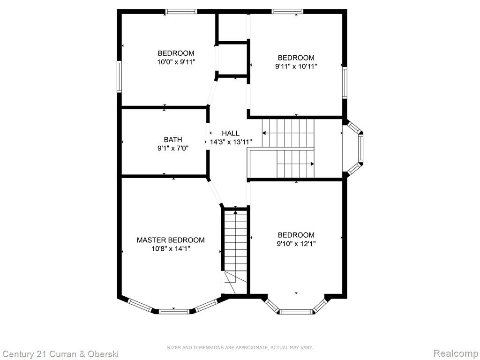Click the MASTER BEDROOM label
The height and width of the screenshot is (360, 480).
(x=171, y=240)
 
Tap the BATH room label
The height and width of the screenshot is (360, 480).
(x=173, y=140)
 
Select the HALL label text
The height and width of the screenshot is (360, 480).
(x=231, y=133)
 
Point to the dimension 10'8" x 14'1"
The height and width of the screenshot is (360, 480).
(x=171, y=249)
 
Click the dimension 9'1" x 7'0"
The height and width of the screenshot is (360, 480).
(x=173, y=149)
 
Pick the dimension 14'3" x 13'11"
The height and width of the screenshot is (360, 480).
(x=231, y=142)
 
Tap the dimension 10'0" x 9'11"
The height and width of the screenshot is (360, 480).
(x=176, y=62)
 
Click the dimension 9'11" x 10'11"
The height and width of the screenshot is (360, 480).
(x=296, y=67)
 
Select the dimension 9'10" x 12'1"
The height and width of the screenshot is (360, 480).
(x=296, y=244)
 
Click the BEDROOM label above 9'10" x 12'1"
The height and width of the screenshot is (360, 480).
(x=296, y=235)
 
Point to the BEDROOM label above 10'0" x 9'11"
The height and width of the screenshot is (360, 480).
(x=176, y=53)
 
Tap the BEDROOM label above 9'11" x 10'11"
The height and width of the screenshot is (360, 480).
(x=296, y=58)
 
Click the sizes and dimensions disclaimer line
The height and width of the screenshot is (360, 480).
(x=240, y=347)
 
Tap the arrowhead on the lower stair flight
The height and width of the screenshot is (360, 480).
(x=312, y=164)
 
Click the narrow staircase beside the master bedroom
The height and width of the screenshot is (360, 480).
(x=235, y=252)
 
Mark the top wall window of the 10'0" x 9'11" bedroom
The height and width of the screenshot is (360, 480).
(x=181, y=12)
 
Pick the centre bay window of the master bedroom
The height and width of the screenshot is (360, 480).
(x=174, y=311)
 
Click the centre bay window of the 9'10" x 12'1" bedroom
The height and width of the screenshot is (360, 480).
(x=296, y=312)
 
